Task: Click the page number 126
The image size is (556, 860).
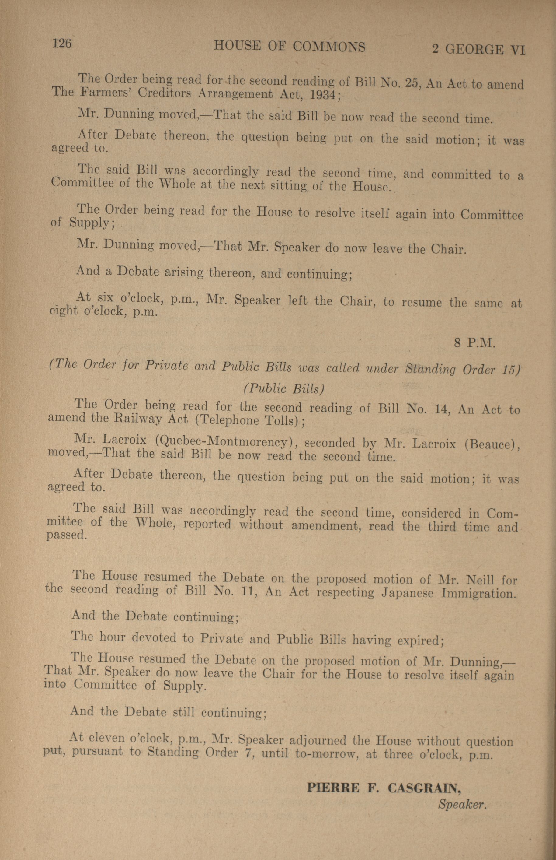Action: point(62,44)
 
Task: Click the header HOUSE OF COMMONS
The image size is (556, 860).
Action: point(289,47)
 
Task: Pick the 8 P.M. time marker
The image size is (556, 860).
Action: point(474,342)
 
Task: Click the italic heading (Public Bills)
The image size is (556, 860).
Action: point(284,388)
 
